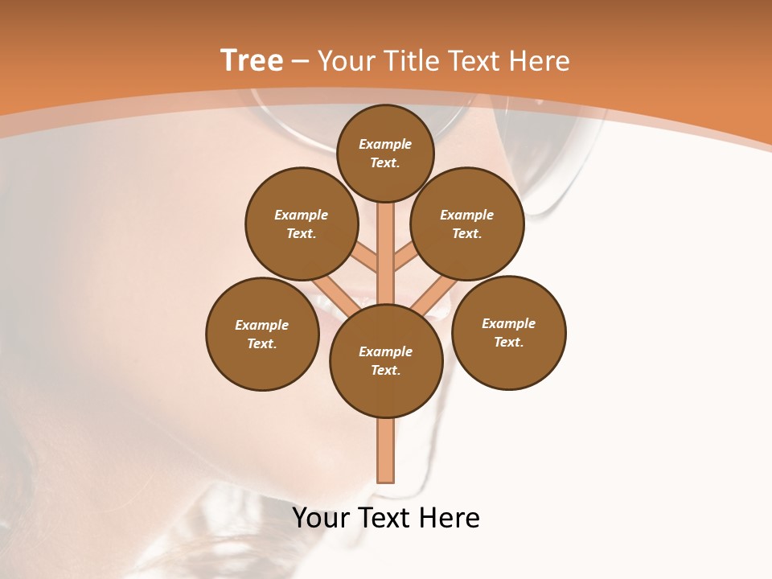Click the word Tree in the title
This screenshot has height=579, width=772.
tap(252, 61)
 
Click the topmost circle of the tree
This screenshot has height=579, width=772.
tap(385, 153)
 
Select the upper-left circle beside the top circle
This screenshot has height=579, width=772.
tap(302, 224)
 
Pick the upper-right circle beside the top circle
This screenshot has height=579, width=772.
tap(467, 224)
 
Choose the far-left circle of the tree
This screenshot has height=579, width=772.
tap(262, 334)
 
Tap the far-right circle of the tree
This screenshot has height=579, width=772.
tap(509, 332)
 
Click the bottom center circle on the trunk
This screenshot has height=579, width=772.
tap(386, 360)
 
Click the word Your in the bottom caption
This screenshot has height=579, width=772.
tap(321, 518)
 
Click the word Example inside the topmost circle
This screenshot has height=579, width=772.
tap(385, 144)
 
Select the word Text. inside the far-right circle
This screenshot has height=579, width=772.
tap(508, 342)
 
